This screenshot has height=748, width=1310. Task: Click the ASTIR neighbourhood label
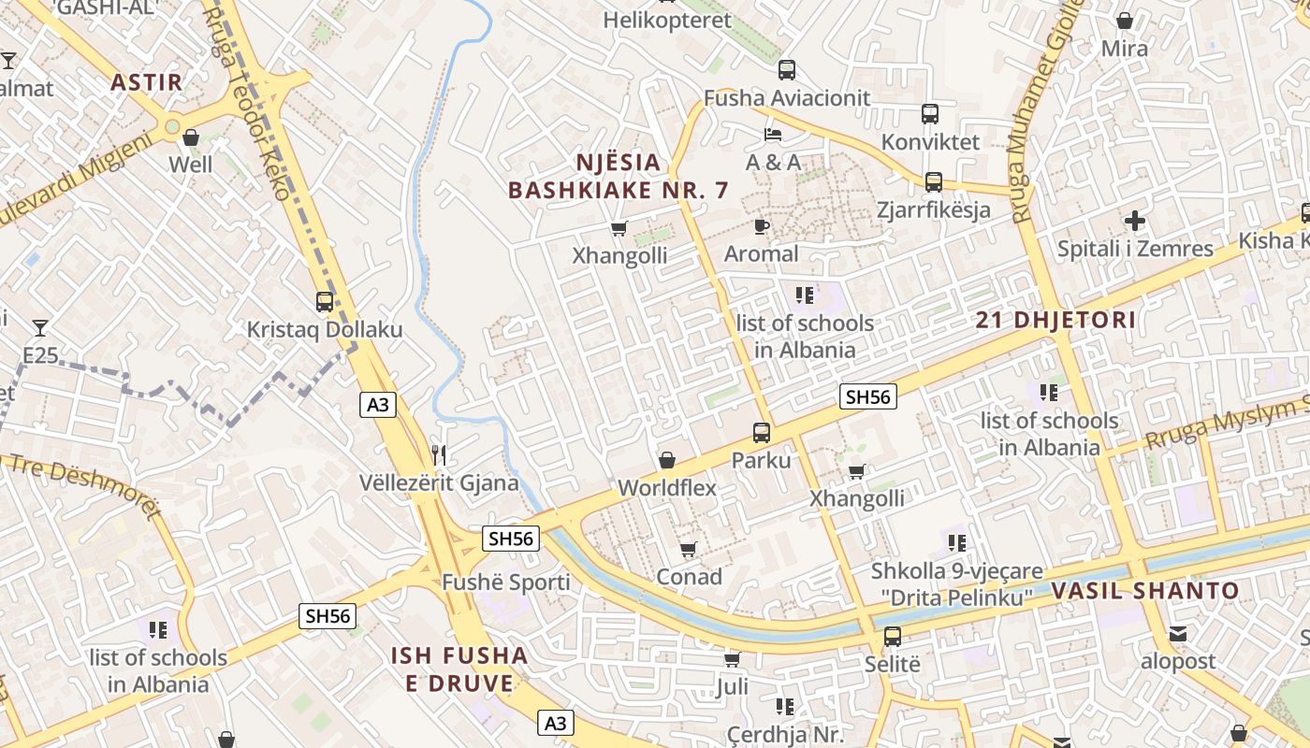tap(147, 82)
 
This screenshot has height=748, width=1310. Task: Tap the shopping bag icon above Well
tap(191, 137)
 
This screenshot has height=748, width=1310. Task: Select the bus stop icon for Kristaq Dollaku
tap(325, 302)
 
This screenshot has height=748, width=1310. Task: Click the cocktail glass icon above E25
tap(39, 327)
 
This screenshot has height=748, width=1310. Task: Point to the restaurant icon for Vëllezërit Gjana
tap(439, 455)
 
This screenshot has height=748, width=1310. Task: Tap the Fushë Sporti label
tap(506, 583)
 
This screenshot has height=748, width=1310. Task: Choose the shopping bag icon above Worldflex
tap(667, 460)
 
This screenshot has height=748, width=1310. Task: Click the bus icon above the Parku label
tap(762, 433)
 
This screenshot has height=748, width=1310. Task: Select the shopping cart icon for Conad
tap(689, 549)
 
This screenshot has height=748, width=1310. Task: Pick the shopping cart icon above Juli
tap(732, 660)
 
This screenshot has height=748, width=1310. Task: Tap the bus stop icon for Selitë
tap(893, 637)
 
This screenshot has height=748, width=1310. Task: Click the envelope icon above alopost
tap(1178, 634)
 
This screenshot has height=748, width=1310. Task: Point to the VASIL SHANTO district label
tap(1145, 591)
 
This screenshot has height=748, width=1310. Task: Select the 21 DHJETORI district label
tap(1055, 320)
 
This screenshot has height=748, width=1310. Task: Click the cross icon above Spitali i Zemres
tap(1135, 222)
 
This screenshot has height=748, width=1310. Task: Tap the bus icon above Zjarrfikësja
tap(933, 181)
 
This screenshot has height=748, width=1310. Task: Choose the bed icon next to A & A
tap(773, 136)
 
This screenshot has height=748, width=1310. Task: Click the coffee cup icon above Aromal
tap(762, 226)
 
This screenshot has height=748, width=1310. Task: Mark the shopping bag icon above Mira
tap(1125, 21)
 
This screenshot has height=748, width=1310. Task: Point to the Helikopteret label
tap(667, 21)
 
